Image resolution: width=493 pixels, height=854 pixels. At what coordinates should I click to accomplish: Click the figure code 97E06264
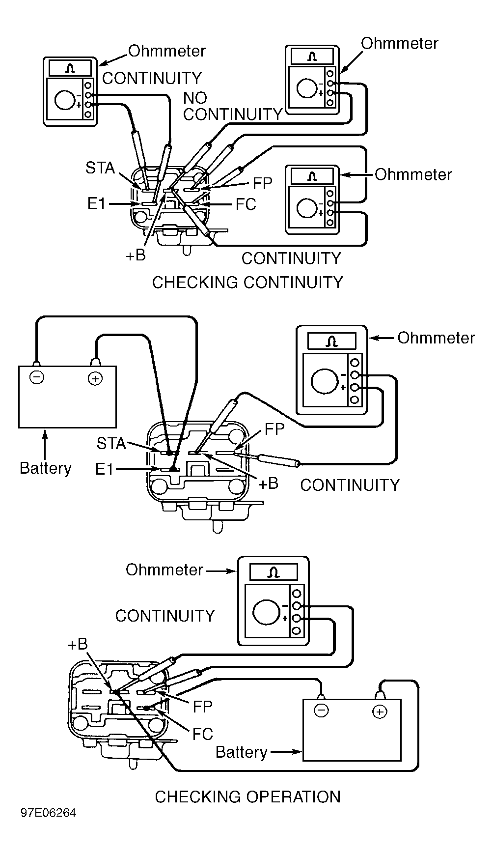49,813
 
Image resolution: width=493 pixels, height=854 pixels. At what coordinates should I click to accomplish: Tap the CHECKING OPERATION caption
247,797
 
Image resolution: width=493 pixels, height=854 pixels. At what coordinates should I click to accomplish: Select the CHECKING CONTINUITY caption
247,283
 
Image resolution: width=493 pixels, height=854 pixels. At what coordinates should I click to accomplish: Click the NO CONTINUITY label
232,106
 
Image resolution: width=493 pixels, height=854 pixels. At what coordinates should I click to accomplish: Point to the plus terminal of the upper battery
95,378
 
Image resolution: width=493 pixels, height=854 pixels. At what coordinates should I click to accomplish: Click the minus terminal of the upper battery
36,377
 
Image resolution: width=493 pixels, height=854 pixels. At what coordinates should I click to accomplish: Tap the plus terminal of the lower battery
380,712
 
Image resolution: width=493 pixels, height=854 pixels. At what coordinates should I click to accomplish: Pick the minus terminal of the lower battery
321,711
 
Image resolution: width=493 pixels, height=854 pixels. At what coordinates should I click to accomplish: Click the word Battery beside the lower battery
242,752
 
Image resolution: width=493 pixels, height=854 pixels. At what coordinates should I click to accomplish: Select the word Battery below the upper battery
46,468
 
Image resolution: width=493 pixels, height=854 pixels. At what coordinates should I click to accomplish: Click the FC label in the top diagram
246,204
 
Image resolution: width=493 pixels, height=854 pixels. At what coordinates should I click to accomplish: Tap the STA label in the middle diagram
111,444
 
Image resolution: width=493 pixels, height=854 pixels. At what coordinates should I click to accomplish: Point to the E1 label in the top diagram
97,203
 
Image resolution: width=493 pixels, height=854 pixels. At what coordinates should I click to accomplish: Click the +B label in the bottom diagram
78,644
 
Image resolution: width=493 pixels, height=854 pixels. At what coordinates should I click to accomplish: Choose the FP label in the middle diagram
274,429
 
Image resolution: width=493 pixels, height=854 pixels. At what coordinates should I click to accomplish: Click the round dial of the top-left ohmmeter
64,100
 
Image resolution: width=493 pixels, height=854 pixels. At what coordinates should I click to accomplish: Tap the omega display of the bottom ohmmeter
274,572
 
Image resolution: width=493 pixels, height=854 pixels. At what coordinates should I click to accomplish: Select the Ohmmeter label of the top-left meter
167,51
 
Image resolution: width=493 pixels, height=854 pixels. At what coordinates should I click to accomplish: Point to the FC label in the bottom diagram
203,734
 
